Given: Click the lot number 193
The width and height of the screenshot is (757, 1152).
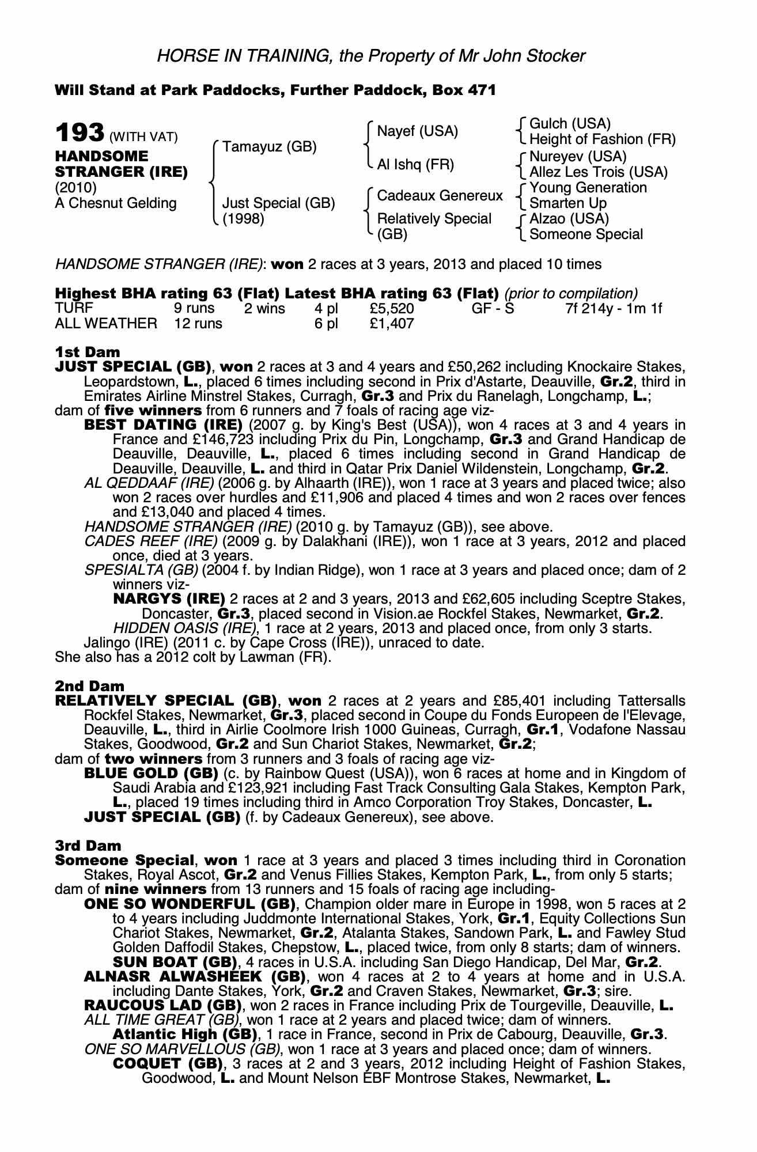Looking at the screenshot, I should [x=80, y=133].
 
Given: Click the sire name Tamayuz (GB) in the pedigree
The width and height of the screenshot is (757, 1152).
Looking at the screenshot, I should [x=270, y=147].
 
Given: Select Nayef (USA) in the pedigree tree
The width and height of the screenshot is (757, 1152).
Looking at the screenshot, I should [x=417, y=131].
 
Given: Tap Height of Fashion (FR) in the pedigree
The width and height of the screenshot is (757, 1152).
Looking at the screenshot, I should [x=602, y=139].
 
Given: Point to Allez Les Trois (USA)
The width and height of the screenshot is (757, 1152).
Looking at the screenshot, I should [x=598, y=172].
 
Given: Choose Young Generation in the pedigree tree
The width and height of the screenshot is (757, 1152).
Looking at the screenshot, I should [x=588, y=188].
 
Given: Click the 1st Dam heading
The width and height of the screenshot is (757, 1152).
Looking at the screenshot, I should [x=88, y=352].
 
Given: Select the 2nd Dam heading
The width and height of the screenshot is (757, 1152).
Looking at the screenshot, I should [x=89, y=686].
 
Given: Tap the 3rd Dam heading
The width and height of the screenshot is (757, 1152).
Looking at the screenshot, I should [x=88, y=846].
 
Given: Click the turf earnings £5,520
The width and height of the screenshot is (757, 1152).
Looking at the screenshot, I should [x=391, y=309].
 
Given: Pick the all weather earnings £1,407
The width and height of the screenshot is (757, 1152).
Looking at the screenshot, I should [x=391, y=324].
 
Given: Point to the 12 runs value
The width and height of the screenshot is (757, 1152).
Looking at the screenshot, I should [x=198, y=324].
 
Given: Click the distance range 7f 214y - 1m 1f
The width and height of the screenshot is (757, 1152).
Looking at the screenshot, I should [x=614, y=309].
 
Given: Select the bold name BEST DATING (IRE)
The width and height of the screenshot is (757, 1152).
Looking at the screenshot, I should [x=163, y=425].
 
